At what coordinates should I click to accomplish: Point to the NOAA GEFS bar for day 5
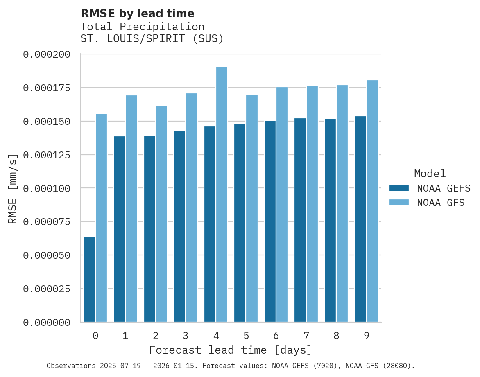coord(240,223)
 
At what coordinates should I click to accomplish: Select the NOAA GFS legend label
coord(441,203)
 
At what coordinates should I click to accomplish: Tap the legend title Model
coord(430,174)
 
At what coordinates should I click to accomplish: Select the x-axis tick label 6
coord(276,336)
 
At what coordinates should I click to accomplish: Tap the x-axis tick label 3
coord(186,336)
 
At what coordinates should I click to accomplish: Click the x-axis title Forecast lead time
coord(231,350)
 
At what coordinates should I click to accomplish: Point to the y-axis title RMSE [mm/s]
coord(13,188)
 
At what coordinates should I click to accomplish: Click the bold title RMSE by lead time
coord(137,14)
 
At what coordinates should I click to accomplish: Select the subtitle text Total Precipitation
coord(142,27)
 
